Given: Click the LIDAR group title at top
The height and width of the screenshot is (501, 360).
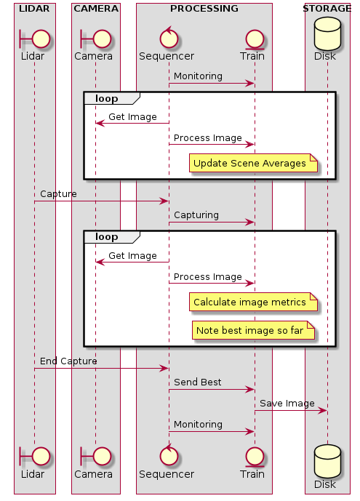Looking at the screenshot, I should [34, 9].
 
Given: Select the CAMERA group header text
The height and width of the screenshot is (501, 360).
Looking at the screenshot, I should [95, 9].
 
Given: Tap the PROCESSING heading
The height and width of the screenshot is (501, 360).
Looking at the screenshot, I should [204, 9].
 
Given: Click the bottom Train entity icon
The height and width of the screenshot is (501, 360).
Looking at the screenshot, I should [255, 456].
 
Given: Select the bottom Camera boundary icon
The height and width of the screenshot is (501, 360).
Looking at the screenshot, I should [95, 456].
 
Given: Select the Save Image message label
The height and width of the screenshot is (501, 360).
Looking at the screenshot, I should [287, 404].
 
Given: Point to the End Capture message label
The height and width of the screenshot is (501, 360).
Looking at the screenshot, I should [68, 361].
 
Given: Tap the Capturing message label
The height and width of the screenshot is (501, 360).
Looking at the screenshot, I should [198, 215].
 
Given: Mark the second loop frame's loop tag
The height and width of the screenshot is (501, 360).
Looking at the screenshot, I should [107, 237].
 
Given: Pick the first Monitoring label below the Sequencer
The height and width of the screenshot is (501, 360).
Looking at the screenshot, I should [198, 76].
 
